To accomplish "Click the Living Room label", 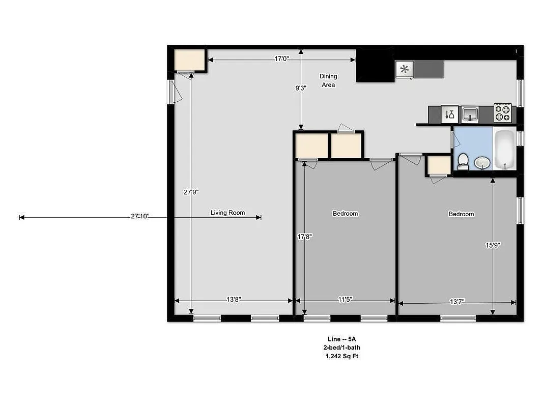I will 227,213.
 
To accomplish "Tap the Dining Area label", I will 328,80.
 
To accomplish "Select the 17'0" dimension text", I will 281,59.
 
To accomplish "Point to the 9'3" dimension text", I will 301,88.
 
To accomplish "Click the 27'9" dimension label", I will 191,192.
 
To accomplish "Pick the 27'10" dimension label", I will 139,217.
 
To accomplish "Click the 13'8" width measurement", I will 233,300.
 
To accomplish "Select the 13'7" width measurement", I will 456,302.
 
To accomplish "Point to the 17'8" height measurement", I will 304,237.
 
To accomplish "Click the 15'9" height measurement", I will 493,245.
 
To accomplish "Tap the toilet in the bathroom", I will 463,161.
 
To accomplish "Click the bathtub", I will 505,151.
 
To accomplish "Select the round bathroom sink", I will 481,163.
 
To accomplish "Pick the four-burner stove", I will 502,113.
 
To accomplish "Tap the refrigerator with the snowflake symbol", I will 405,70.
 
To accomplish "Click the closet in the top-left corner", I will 189,61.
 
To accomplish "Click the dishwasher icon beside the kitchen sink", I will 449,114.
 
